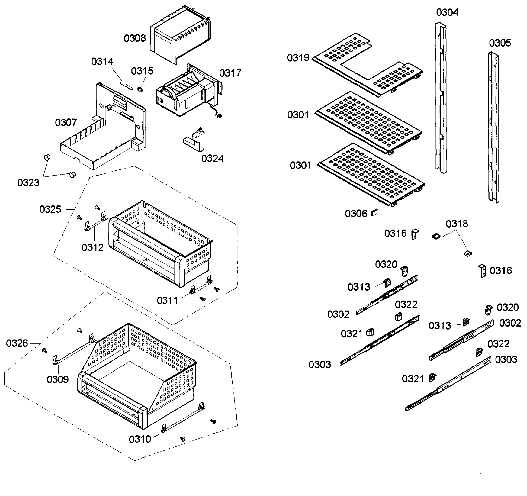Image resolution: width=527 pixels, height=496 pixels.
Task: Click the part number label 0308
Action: [x=135, y=39]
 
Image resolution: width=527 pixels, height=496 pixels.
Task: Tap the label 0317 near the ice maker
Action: [x=230, y=73]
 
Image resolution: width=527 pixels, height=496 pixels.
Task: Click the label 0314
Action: [x=102, y=62]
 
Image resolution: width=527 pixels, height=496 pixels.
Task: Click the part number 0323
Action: [x=28, y=183]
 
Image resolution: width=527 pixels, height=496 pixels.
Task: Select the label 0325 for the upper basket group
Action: [x=50, y=209]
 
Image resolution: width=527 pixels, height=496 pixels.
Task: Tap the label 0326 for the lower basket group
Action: [x=17, y=343]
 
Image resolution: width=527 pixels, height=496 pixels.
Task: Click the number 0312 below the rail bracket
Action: [x=93, y=248]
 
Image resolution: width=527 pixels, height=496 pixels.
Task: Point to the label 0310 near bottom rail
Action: [x=140, y=439]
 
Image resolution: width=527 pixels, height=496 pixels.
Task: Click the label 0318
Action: [x=457, y=224]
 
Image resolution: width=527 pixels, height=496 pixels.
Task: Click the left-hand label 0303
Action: [x=320, y=365]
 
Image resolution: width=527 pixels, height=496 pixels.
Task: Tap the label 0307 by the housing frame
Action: [x=66, y=123]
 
